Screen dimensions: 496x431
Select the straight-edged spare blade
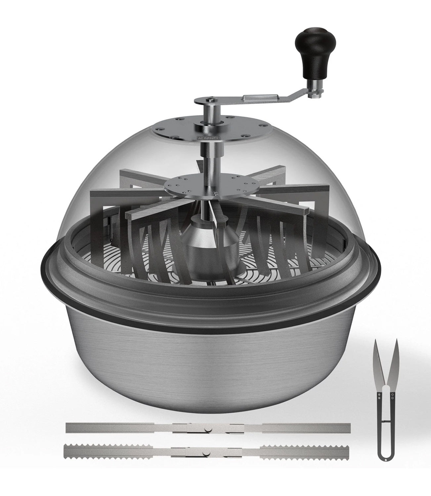[208, 427]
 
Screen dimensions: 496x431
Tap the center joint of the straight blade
[208, 428]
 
